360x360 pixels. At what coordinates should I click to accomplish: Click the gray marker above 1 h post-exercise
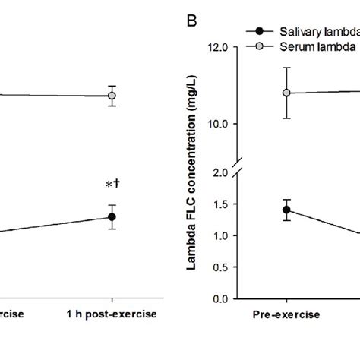click(112, 96)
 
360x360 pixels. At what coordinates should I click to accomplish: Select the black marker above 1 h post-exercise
click(112, 216)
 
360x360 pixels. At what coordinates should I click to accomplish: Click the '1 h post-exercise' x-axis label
click(112, 314)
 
